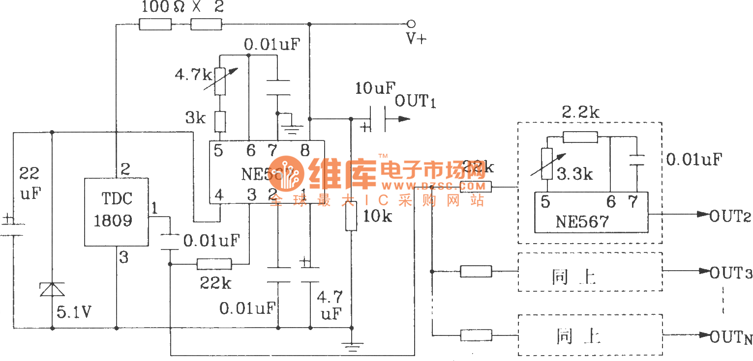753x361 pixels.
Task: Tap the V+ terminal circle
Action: click(411, 24)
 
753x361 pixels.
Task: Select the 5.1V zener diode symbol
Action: click(52, 290)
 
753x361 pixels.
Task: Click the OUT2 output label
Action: click(729, 215)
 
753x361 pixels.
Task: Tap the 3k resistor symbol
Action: click(221, 120)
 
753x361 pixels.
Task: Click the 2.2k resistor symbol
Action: click(580, 137)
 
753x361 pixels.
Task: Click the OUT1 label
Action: click(415, 102)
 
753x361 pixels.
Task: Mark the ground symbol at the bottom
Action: click(351, 347)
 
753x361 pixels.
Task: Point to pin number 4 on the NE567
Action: click(219, 195)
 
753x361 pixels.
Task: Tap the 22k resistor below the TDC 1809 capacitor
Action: click(214, 264)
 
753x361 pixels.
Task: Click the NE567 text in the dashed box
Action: click(582, 222)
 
